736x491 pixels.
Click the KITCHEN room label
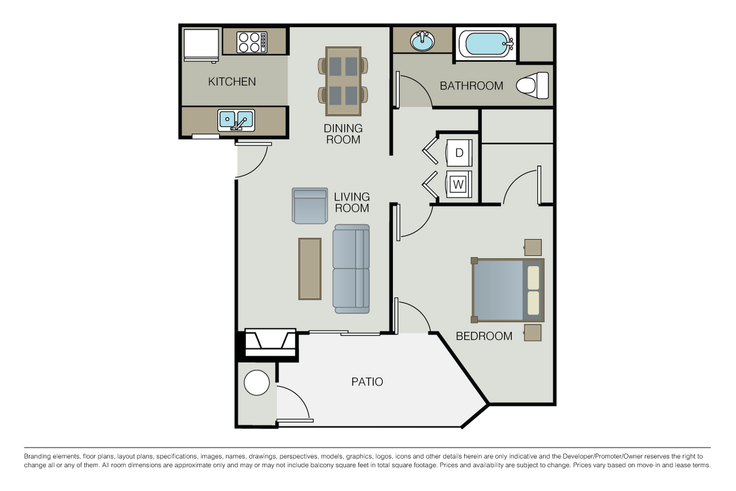click(x=232, y=81)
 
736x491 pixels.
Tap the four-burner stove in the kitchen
click(x=252, y=42)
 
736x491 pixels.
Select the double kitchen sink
click(x=236, y=121)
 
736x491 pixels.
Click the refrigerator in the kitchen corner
click(x=201, y=45)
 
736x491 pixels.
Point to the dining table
click(x=343, y=81)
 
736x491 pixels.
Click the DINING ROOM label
click(x=343, y=134)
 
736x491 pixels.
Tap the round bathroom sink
click(x=423, y=41)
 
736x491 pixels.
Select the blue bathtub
click(x=486, y=44)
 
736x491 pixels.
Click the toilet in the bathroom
click(x=532, y=85)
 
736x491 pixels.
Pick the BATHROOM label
click(x=471, y=85)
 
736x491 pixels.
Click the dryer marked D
click(x=459, y=153)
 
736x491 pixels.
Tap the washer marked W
click(x=459, y=184)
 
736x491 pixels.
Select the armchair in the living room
click(x=310, y=206)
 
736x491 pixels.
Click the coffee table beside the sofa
click(x=310, y=269)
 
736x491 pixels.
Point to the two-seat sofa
click(x=351, y=269)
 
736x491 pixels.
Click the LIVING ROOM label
click(x=352, y=202)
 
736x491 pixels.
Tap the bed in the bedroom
click(x=508, y=290)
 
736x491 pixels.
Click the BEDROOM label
click(x=484, y=336)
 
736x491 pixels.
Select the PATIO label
click(x=367, y=382)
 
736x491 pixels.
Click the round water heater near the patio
click(x=256, y=382)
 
